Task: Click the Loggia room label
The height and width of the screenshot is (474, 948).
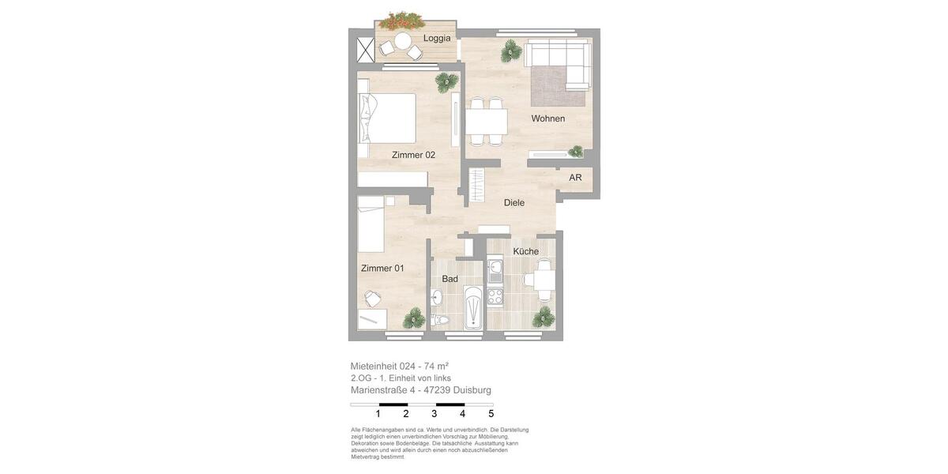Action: (x=437, y=38)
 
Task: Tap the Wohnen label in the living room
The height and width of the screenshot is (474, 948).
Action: (x=548, y=118)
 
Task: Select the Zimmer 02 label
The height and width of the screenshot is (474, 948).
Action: (x=413, y=155)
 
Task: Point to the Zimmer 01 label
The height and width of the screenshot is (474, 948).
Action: (x=382, y=269)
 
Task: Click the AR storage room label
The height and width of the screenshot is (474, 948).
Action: (x=575, y=178)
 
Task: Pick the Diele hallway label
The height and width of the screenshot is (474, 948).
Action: (x=514, y=203)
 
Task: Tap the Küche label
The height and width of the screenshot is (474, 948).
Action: (x=526, y=251)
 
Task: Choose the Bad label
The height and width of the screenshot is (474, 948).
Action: (x=450, y=279)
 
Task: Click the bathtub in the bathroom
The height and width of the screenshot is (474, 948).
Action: (x=473, y=308)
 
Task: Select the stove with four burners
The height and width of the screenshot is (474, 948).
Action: (x=495, y=297)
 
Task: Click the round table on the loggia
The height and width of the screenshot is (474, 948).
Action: (x=403, y=41)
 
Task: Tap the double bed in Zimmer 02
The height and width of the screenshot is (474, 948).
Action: (x=387, y=118)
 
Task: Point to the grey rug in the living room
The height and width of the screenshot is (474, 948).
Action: (x=557, y=87)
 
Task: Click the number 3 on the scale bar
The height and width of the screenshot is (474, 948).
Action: (x=434, y=414)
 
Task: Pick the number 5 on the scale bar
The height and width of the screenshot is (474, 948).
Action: (x=491, y=414)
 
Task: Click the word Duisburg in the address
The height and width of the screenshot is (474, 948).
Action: (x=472, y=390)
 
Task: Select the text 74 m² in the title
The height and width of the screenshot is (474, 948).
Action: (x=436, y=366)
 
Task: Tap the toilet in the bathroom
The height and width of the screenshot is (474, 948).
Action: (x=439, y=320)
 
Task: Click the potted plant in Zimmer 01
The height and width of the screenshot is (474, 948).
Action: (x=414, y=318)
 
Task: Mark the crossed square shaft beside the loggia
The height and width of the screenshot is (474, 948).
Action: (x=365, y=50)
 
